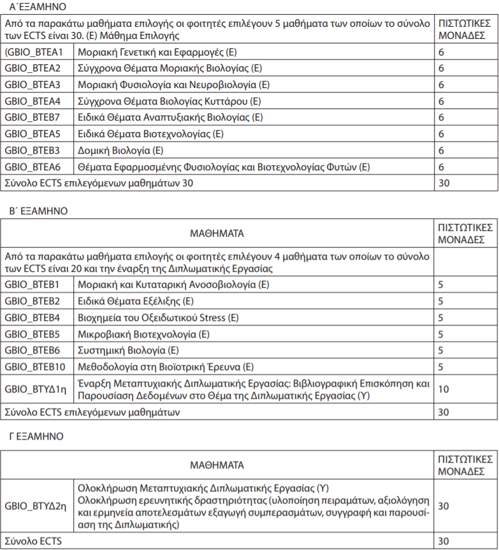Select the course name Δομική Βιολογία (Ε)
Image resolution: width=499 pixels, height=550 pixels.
[120, 151]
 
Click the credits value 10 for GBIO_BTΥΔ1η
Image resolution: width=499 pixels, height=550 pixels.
[444, 389]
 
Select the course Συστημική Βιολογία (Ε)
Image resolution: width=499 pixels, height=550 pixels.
[128, 350]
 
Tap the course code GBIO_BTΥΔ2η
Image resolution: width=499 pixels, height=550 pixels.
[36, 506]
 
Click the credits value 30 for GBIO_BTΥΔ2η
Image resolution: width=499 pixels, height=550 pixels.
[444, 506]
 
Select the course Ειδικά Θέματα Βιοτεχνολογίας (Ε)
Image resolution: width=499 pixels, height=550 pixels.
[150, 134]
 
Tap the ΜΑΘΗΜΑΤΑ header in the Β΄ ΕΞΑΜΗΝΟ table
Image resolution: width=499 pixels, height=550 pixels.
[217, 234]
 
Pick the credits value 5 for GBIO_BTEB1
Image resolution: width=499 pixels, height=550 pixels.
[440, 284]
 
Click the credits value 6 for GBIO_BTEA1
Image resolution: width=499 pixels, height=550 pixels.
[441, 52]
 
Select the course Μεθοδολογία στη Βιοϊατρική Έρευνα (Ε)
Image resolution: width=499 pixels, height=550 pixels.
[166, 366]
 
